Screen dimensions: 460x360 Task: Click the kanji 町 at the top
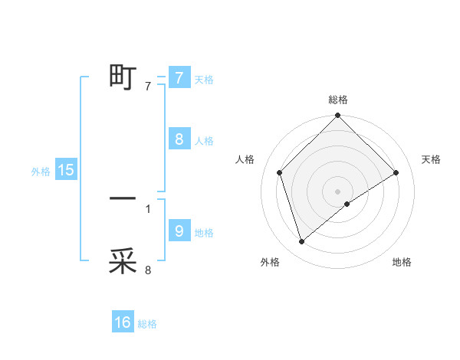click(123, 77)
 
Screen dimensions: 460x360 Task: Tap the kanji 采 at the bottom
click(123, 261)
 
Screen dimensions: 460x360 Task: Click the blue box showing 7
click(179, 78)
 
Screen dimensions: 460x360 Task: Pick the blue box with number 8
click(179, 139)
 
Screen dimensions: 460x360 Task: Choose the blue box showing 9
click(179, 231)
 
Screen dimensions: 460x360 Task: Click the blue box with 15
click(66, 170)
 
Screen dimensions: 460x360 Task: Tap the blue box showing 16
click(123, 322)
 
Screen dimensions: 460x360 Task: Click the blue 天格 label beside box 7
click(204, 80)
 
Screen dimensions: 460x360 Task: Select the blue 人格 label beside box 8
click(204, 141)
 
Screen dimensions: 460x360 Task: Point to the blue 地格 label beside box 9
click(204, 232)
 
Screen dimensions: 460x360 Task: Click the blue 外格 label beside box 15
click(41, 172)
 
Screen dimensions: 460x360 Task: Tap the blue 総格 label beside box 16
click(147, 324)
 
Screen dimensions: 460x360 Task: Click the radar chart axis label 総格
click(338, 100)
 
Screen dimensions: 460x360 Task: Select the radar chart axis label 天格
click(432, 159)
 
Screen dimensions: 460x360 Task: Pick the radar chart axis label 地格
click(402, 262)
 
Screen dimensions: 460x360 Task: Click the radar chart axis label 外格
click(270, 262)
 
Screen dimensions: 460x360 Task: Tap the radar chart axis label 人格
click(245, 159)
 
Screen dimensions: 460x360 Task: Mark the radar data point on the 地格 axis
click(347, 204)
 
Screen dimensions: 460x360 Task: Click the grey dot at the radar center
click(337, 191)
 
